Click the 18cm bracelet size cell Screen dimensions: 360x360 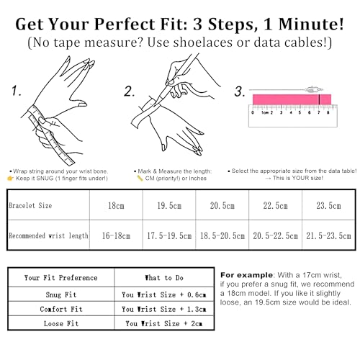click(x=116, y=205)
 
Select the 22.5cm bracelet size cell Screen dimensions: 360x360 click(x=275, y=205)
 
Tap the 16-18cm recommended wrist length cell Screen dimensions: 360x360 click(x=116, y=235)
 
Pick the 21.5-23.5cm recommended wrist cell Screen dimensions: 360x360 click(x=328, y=235)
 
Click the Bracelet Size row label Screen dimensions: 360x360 click(x=30, y=205)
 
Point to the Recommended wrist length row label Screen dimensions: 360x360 click(x=48, y=235)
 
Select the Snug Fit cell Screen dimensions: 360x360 click(x=61, y=294)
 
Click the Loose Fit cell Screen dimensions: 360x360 click(x=61, y=323)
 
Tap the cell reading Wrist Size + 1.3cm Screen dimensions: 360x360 click(x=164, y=309)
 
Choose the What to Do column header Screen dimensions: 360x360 click(x=164, y=278)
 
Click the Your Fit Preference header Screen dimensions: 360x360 click(x=61, y=278)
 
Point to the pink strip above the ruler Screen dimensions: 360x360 click(x=292, y=99)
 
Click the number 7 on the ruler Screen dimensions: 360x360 click(x=319, y=112)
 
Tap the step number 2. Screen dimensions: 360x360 click(x=129, y=91)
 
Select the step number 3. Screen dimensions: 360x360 click(x=240, y=91)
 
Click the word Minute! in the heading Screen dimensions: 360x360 click(x=311, y=24)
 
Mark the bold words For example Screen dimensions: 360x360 click(x=246, y=275)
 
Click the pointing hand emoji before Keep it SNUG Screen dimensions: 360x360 click(x=10, y=179)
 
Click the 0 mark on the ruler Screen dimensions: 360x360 click(x=253, y=112)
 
